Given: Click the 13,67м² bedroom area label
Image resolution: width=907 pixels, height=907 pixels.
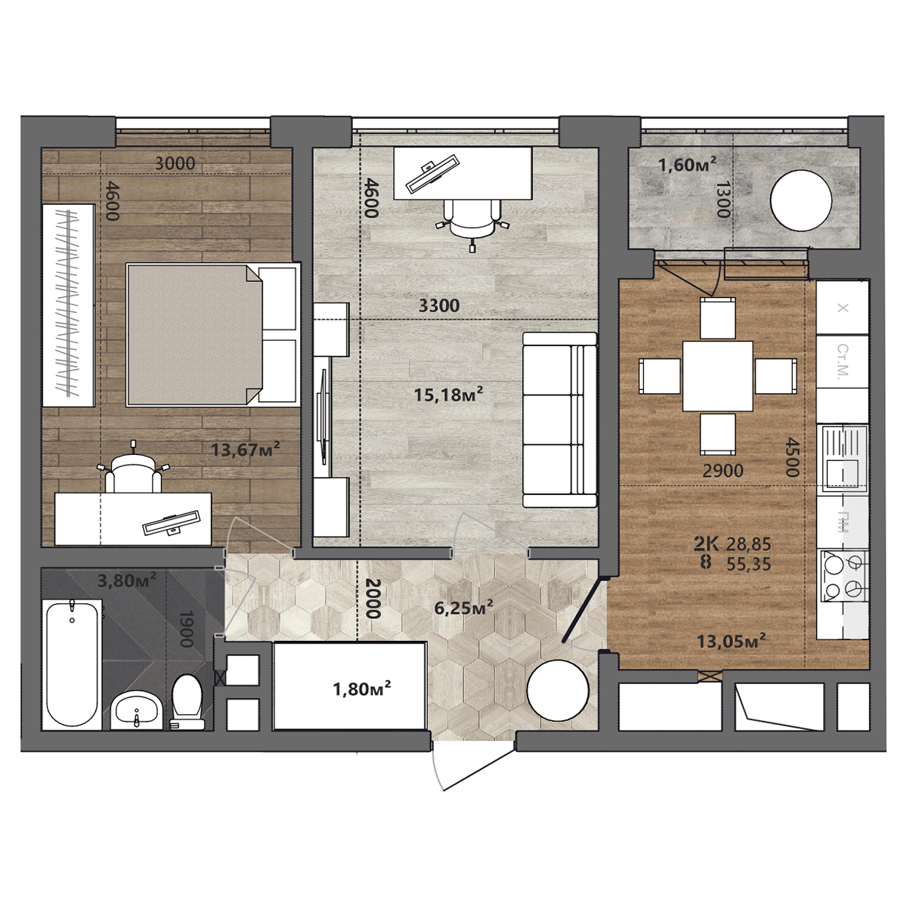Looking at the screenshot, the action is (x=245, y=449).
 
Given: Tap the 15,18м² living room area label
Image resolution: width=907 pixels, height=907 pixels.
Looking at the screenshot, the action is (x=448, y=394).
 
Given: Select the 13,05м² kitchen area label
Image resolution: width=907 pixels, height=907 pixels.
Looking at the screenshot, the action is (x=731, y=641).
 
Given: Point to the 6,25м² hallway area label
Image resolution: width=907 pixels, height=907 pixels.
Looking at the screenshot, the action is (x=463, y=608).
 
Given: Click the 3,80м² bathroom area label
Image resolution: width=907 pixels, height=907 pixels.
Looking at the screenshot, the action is (x=127, y=580).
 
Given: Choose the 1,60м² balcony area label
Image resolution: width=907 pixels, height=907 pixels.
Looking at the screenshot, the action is (x=687, y=165).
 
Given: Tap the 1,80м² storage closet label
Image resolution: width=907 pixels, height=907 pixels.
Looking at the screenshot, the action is (x=362, y=689).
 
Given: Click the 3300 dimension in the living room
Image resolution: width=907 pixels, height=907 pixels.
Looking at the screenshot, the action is (x=439, y=306).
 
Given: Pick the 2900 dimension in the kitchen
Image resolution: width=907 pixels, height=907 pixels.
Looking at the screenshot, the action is (x=723, y=470).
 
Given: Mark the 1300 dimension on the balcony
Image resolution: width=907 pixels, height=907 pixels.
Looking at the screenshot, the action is (x=723, y=200).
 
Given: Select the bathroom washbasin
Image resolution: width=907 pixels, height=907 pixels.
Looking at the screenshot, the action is (x=137, y=710).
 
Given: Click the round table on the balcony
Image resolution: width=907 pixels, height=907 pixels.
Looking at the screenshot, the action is (x=800, y=200).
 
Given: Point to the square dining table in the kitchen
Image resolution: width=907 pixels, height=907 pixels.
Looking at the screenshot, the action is (x=717, y=376).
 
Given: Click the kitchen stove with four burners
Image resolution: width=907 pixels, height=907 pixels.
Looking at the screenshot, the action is (x=844, y=576).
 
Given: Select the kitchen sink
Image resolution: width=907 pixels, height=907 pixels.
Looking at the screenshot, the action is (x=844, y=459).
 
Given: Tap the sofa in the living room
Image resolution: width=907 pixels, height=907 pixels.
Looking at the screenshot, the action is (x=559, y=419).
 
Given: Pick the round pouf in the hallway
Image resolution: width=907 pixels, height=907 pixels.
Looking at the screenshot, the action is (x=558, y=691).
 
